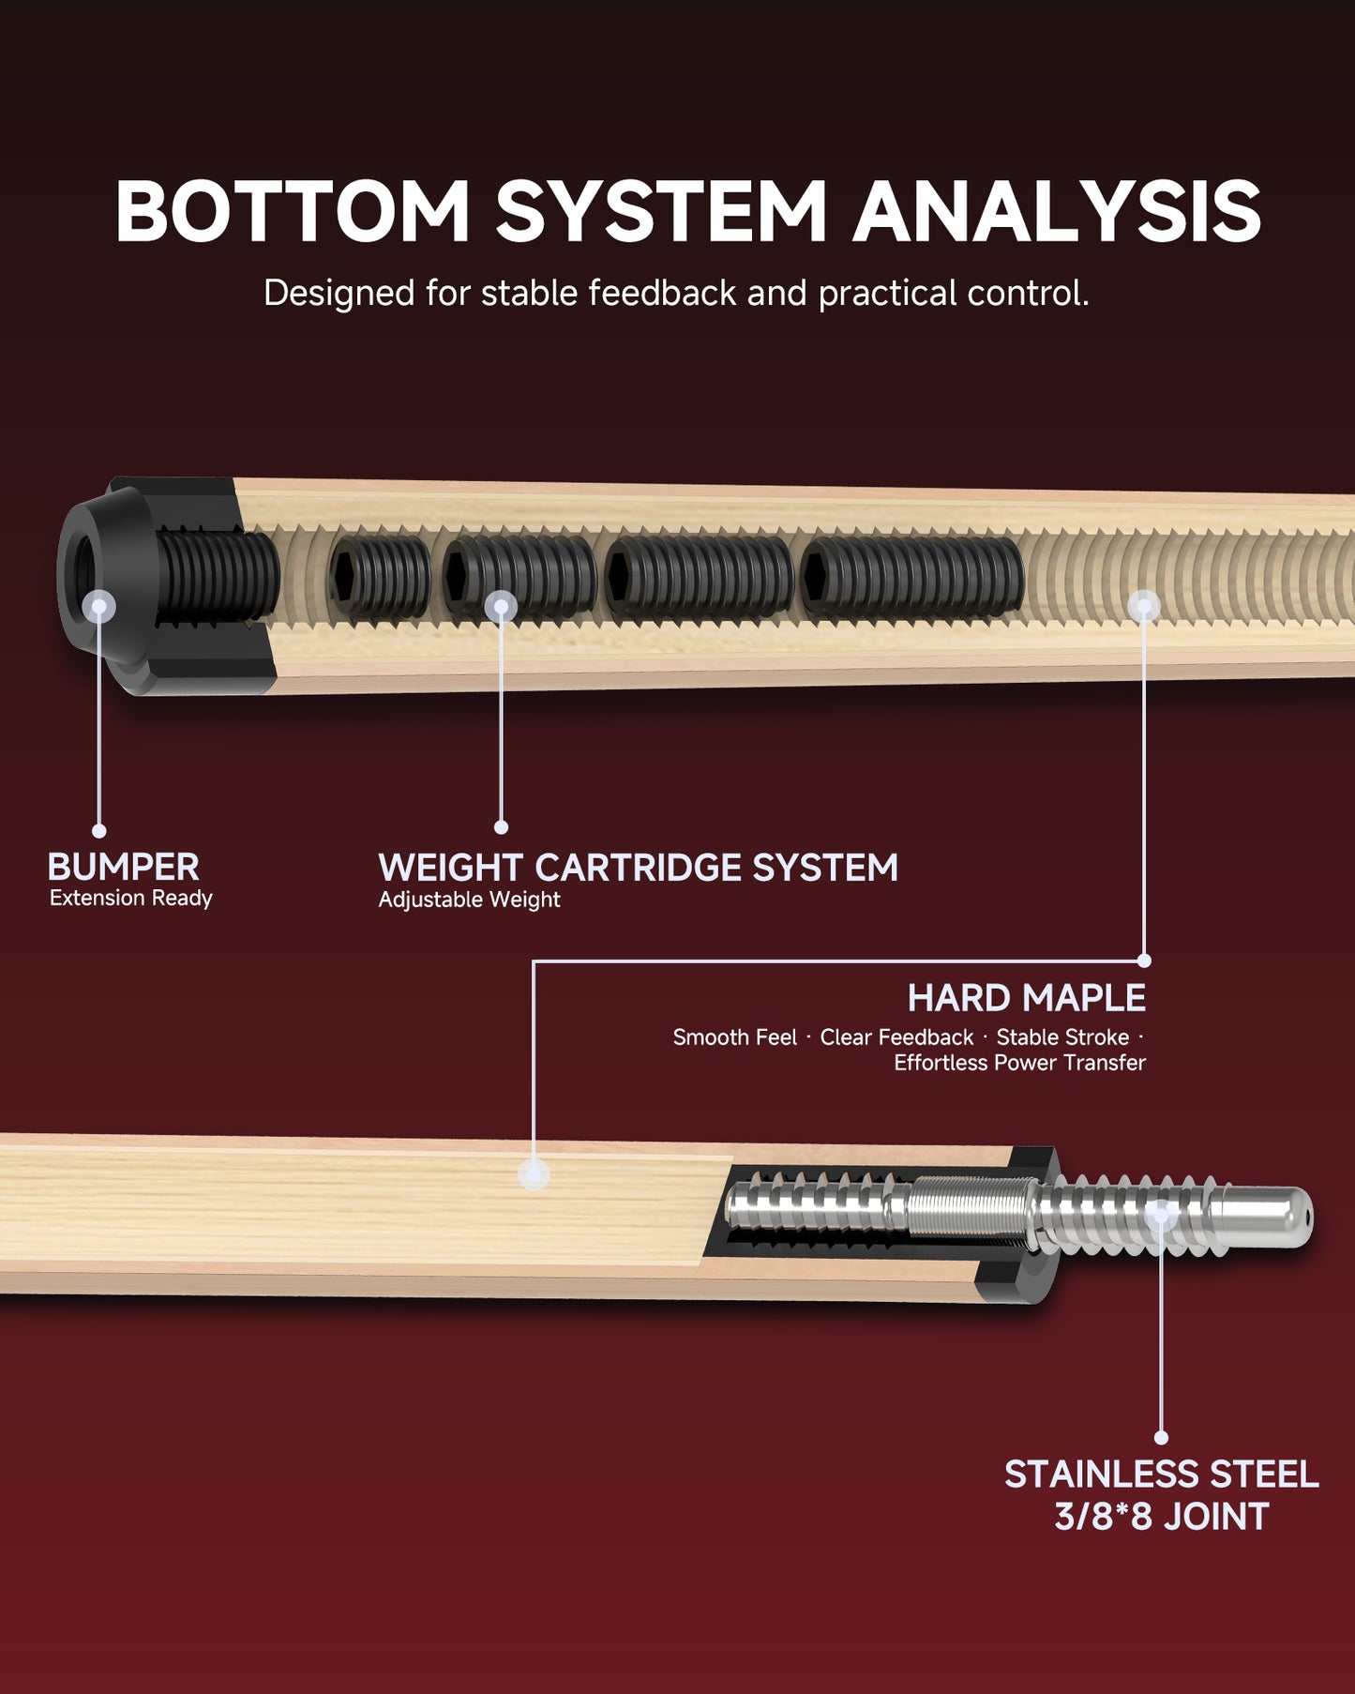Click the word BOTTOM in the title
(292, 211)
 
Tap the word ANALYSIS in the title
(1057, 211)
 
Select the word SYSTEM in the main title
(660, 211)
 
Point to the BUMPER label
(123, 867)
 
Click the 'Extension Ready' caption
(130, 898)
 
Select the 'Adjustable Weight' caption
(469, 900)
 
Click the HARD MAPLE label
(1026, 998)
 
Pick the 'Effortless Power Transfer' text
(1019, 1063)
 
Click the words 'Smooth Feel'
(734, 1037)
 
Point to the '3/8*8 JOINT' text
(1161, 1517)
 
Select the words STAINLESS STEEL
(1161, 1475)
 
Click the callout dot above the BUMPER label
(98, 831)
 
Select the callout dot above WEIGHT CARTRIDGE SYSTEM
(501, 827)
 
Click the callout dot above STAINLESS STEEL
(1161, 1437)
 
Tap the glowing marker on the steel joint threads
(1161, 1215)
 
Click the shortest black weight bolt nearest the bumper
(380, 579)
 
